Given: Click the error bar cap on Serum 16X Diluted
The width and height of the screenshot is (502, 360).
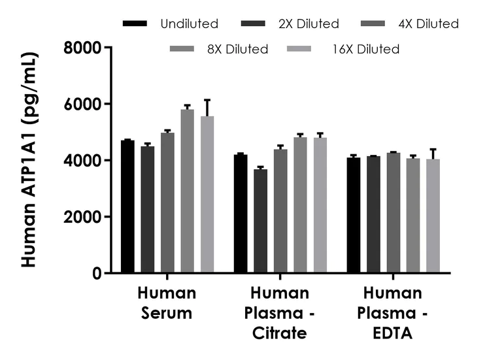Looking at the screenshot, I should [x=207, y=100].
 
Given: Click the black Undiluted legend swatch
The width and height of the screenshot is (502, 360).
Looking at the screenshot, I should [x=135, y=24].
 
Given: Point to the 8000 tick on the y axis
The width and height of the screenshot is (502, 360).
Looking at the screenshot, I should [x=109, y=48].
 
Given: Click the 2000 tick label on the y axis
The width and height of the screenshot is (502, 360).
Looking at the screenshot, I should [x=83, y=217].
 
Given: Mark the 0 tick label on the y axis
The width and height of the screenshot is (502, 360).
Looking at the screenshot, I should [x=96, y=273].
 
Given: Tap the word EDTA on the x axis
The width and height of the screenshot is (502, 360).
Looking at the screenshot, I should [x=393, y=333].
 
